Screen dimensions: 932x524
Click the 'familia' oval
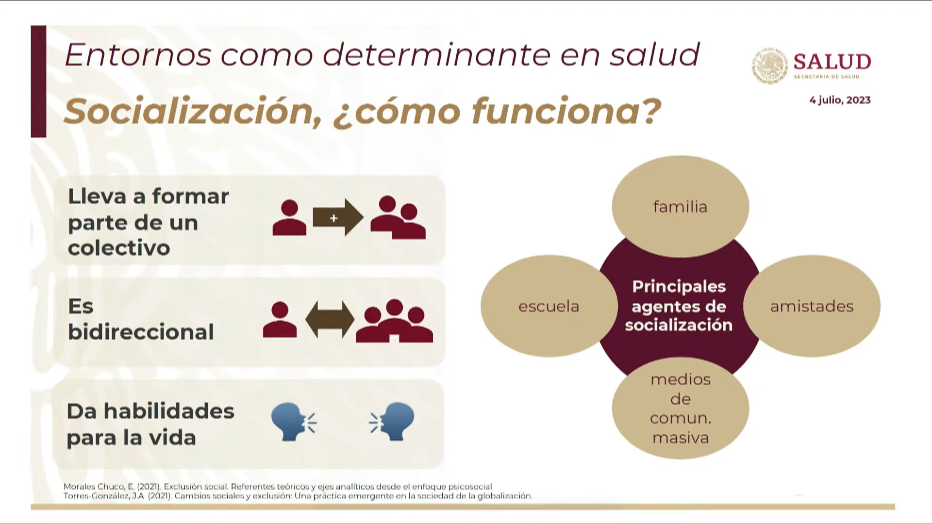pos(680,207)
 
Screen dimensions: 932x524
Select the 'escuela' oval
pos(549,306)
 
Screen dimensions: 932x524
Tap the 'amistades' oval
pos(812,306)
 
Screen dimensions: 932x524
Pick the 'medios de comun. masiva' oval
pos(680,408)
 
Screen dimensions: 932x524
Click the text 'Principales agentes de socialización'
pos(679,306)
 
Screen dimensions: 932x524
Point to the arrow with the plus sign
pos(338,218)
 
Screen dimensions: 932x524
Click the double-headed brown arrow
pos(330,320)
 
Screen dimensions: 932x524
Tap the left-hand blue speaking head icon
pos(294,421)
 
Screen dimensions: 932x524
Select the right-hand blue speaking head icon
pos(392,421)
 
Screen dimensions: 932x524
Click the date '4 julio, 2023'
pos(840,100)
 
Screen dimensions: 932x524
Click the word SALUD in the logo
pos(832,62)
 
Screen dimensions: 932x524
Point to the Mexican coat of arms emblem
pos(770,66)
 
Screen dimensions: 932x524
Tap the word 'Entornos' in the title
pos(138,54)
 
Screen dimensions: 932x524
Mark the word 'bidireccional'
pos(141,332)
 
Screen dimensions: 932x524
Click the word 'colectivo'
pos(119,248)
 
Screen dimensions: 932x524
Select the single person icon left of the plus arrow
pos(289,217)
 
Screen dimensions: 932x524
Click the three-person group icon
pos(394,321)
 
